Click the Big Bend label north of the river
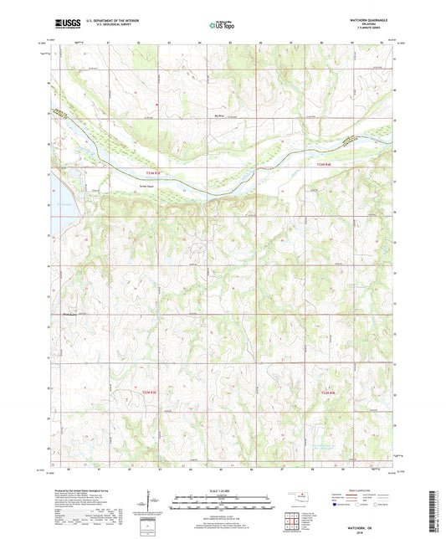click(244, 105)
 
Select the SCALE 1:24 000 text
click(222, 491)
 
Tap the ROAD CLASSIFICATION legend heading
click(364, 491)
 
